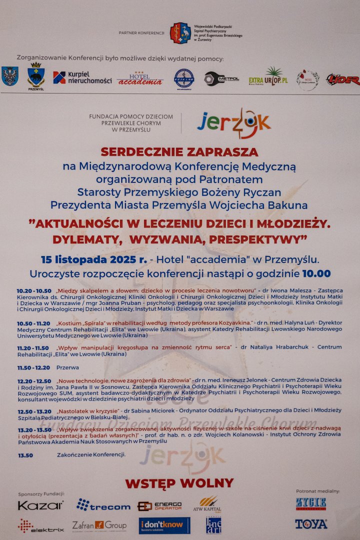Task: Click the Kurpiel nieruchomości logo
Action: click(82, 77)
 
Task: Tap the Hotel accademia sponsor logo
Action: click(140, 78)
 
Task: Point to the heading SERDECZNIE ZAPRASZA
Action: click(179, 151)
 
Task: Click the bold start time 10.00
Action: click(315, 273)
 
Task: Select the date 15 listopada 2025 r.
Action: click(94, 259)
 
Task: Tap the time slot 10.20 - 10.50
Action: click(34, 290)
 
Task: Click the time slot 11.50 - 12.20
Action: click(34, 367)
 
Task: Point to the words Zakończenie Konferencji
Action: click(91, 454)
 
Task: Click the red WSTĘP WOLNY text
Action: click(179, 483)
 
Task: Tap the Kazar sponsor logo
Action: click(41, 505)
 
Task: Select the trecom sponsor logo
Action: click(103, 506)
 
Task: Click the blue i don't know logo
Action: click(164, 525)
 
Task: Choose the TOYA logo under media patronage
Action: click(311, 524)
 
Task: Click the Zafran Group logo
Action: click(99, 525)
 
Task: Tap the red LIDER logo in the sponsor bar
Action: click(343, 79)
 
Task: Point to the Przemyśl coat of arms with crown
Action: click(36, 76)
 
